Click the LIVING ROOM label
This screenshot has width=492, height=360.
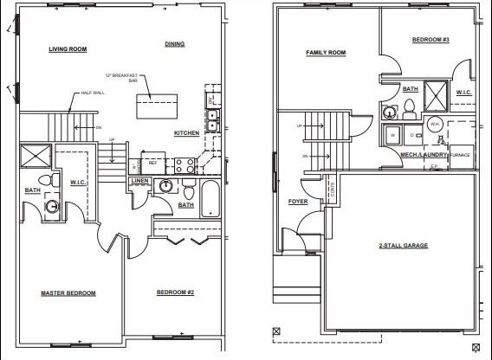(x=67, y=49)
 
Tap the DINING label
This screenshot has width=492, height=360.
(x=176, y=43)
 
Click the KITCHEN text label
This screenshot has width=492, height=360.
(x=186, y=132)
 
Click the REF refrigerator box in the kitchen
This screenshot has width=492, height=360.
(x=152, y=162)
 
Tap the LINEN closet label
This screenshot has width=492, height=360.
(x=140, y=181)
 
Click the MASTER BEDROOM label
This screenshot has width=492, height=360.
(x=68, y=292)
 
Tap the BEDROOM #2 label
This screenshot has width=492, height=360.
(x=175, y=292)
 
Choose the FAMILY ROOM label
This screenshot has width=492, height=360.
(x=326, y=53)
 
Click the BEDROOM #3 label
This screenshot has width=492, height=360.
(x=430, y=40)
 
